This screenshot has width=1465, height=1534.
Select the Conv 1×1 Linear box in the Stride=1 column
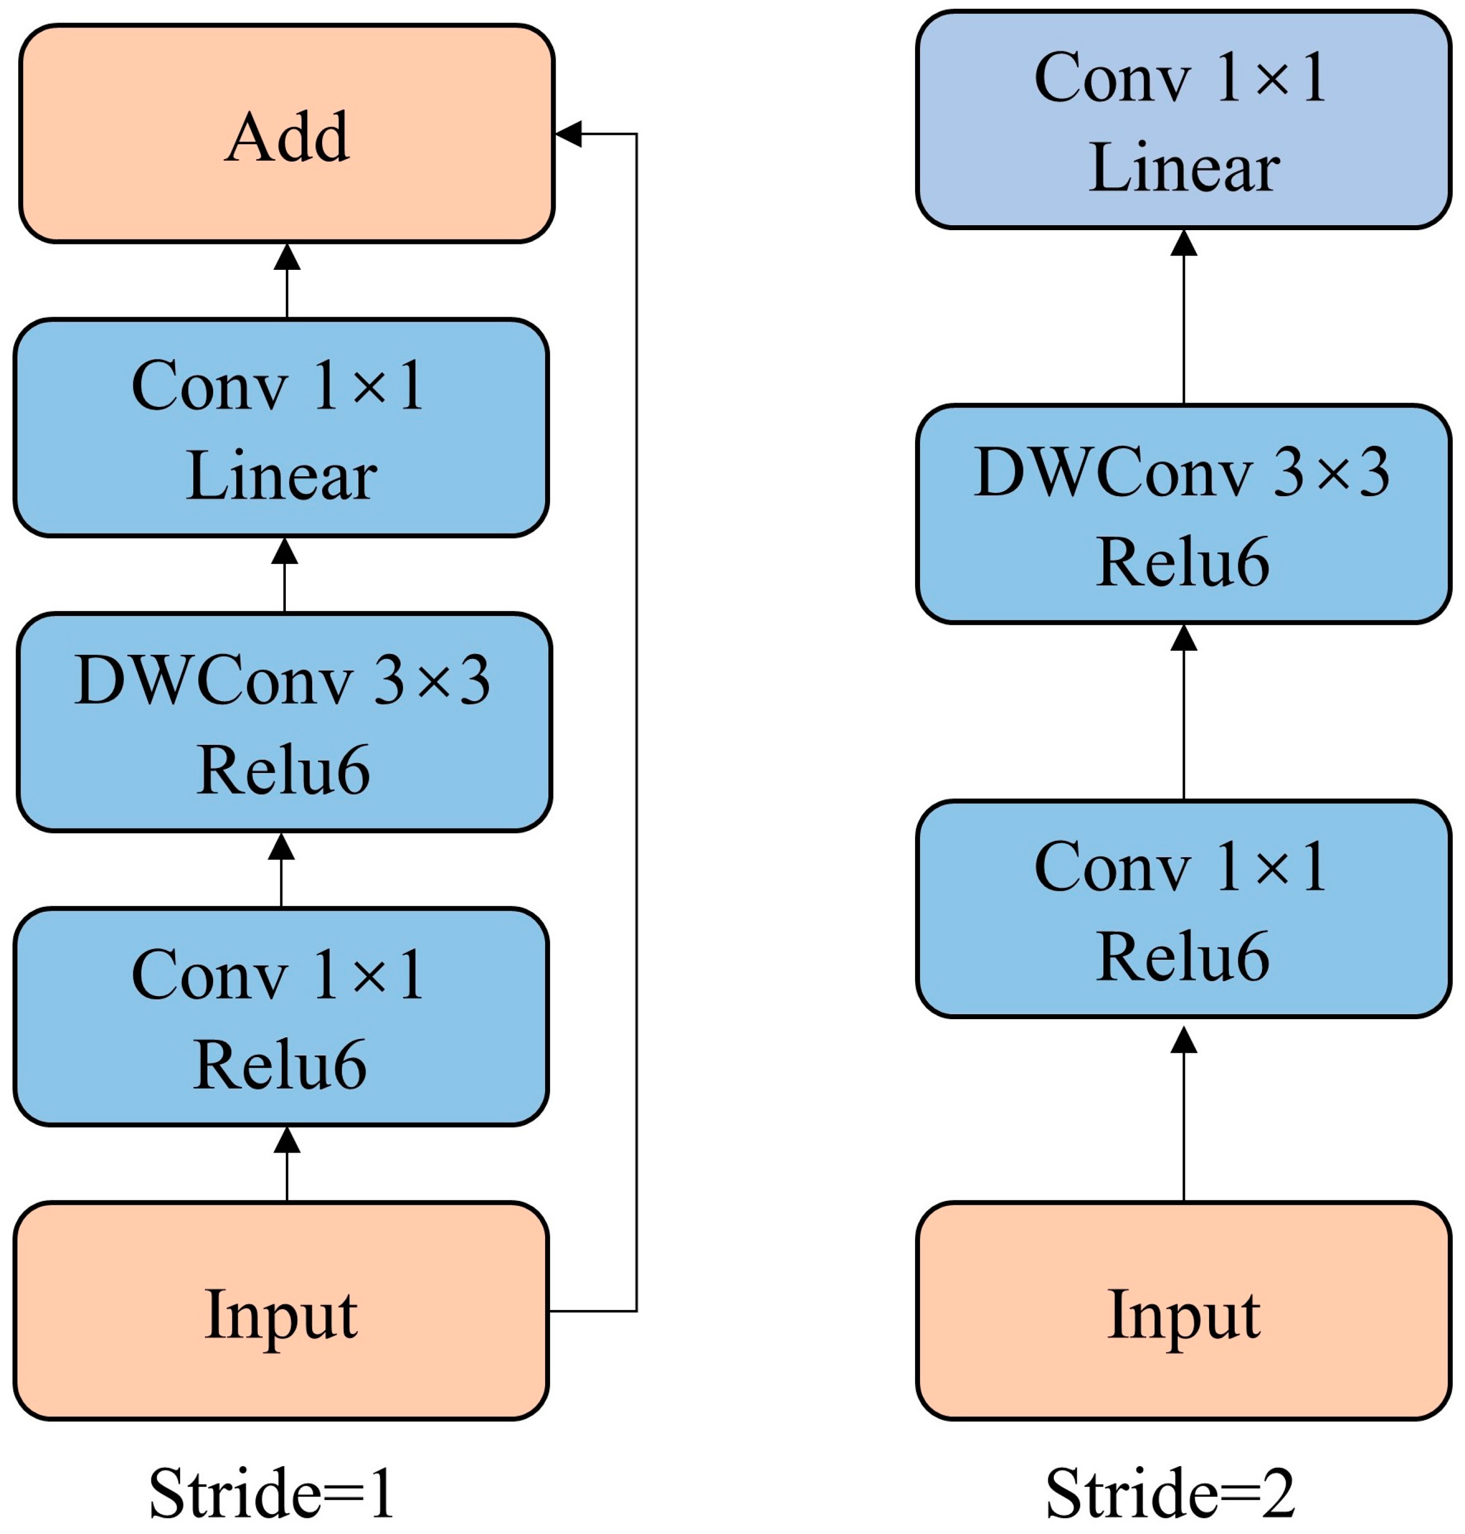click(281, 428)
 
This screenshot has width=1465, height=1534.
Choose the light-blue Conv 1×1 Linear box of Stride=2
click(1184, 119)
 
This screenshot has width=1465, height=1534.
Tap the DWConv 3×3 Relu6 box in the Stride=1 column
click(284, 722)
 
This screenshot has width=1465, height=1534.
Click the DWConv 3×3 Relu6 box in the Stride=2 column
click(1184, 514)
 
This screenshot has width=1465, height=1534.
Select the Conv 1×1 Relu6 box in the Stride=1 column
click(281, 1017)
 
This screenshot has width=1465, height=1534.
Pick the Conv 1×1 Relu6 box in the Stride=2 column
click(1184, 909)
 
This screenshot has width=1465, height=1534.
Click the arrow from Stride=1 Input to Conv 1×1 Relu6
click(287, 1164)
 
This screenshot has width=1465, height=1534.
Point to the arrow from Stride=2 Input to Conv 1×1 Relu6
click(1184, 1113)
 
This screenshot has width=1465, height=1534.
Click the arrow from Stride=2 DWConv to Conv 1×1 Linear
click(1184, 317)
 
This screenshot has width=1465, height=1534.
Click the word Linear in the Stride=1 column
click(281, 476)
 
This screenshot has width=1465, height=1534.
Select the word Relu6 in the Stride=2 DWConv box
click(1183, 562)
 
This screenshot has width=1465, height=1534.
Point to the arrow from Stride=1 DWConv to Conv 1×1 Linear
click(284, 575)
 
